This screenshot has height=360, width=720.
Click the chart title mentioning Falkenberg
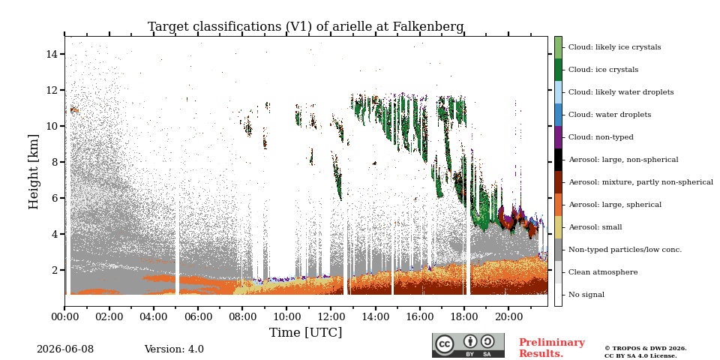pyautogui.click(x=305, y=27)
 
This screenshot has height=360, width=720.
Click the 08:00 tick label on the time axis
pyautogui.click(x=242, y=317)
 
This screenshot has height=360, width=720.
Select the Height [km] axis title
pyautogui.click(x=34, y=172)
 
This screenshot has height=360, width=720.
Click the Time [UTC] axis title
pyautogui.click(x=305, y=332)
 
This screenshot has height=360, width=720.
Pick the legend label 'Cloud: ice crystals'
pyautogui.click(x=603, y=70)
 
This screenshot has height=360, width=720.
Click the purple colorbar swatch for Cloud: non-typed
pyautogui.click(x=558, y=136)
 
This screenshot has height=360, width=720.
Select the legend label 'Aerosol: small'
pyautogui.click(x=595, y=227)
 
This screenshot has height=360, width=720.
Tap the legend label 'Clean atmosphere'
pyautogui.click(x=603, y=272)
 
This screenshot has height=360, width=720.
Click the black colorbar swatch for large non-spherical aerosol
pyautogui.click(x=558, y=159)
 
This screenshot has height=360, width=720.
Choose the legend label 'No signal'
pyautogui.click(x=586, y=295)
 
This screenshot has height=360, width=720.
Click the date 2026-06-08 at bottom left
pyautogui.click(x=65, y=349)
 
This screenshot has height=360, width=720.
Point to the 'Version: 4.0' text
pyautogui.click(x=174, y=349)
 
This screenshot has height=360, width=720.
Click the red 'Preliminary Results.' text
pyautogui.click(x=552, y=348)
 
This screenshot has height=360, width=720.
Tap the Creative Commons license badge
pyautogui.click(x=468, y=345)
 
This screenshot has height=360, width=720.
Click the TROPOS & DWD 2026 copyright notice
pyautogui.click(x=646, y=352)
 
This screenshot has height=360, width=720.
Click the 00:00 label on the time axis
pyautogui.click(x=64, y=317)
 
